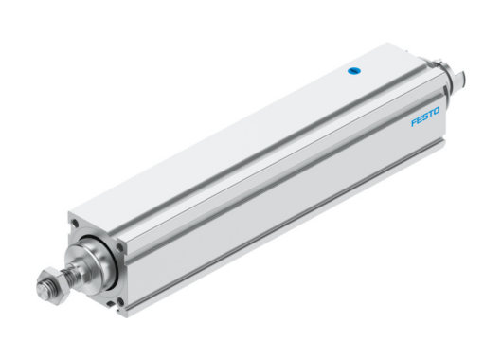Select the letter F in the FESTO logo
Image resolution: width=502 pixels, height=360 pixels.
click(x=415, y=124)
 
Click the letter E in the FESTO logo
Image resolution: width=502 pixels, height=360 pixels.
click(x=421, y=122)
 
